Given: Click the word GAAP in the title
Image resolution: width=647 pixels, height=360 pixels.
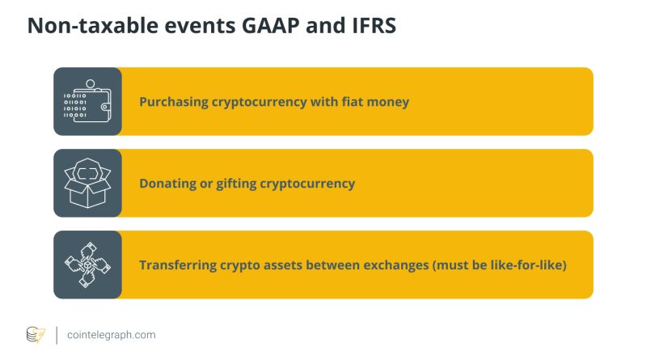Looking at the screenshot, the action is [x=271, y=26].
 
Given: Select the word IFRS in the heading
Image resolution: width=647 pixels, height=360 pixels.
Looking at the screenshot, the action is [x=374, y=26].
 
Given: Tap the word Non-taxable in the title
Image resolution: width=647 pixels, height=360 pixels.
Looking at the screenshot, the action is [x=93, y=26].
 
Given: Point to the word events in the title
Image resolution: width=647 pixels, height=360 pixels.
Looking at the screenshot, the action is [x=200, y=26].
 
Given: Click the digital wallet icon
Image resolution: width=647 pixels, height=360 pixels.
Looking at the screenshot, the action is [x=87, y=101].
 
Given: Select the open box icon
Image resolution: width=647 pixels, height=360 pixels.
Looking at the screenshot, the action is [x=87, y=183].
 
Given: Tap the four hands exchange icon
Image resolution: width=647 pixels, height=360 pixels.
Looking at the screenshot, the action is [x=87, y=265].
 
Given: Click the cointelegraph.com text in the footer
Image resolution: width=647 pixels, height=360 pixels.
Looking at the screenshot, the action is [x=112, y=335].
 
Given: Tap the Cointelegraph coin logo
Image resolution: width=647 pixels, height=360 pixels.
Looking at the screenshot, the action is [x=36, y=335].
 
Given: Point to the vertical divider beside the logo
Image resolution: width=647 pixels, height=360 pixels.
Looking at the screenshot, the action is [x=57, y=335].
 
